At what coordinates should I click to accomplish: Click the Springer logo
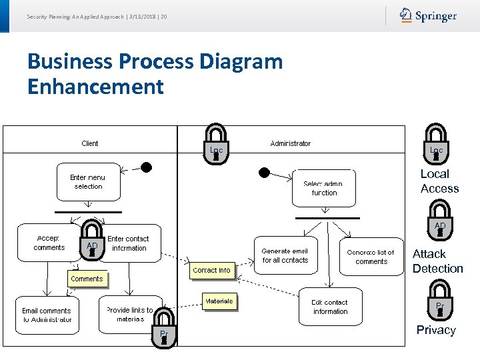[428, 15]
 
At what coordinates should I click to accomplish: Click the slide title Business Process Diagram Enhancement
[155, 74]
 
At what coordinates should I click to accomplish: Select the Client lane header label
[89, 143]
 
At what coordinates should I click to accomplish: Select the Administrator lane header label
[290, 143]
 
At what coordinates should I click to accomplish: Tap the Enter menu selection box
[88, 182]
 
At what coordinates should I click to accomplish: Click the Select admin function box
[324, 189]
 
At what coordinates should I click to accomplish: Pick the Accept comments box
[49, 243]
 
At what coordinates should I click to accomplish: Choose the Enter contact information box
[130, 243]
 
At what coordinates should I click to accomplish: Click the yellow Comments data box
[87, 279]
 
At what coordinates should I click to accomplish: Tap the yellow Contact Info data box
[211, 270]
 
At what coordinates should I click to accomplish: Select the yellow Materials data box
[219, 301]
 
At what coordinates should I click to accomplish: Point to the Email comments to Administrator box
[47, 315]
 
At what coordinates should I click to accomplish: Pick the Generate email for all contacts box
[285, 255]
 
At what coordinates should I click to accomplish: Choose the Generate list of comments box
[371, 257]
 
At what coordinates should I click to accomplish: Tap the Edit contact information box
[331, 307]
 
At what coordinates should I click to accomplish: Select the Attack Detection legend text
[437, 261]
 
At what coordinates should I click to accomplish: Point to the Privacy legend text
[436, 330]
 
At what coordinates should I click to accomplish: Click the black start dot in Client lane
[147, 167]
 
